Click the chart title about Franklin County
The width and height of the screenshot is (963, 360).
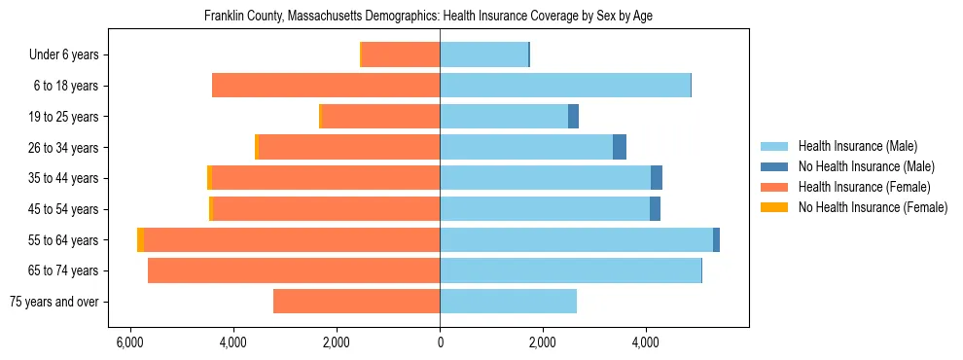click(435, 17)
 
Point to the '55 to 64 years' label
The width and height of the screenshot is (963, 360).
click(63, 240)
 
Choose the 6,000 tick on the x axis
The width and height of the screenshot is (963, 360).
click(130, 342)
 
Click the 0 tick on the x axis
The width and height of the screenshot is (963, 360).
click(440, 342)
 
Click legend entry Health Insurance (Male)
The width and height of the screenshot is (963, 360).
click(856, 146)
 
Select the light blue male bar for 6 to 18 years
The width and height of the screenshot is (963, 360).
click(564, 86)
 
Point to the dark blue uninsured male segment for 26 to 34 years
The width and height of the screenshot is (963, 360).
click(620, 147)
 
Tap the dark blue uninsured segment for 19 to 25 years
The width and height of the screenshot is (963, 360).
click(573, 117)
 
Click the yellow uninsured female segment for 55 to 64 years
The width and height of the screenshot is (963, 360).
click(140, 240)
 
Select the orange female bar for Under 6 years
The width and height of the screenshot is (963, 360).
click(401, 55)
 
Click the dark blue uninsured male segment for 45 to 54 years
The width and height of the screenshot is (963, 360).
click(655, 209)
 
